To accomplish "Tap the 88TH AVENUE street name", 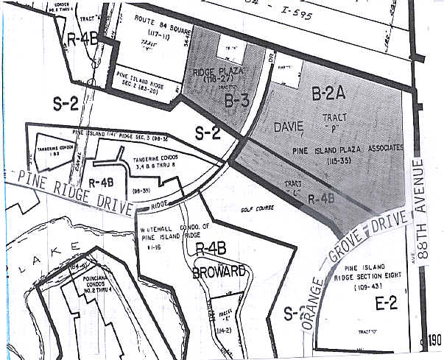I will point(422,211).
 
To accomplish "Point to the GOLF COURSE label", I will point(258,208).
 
